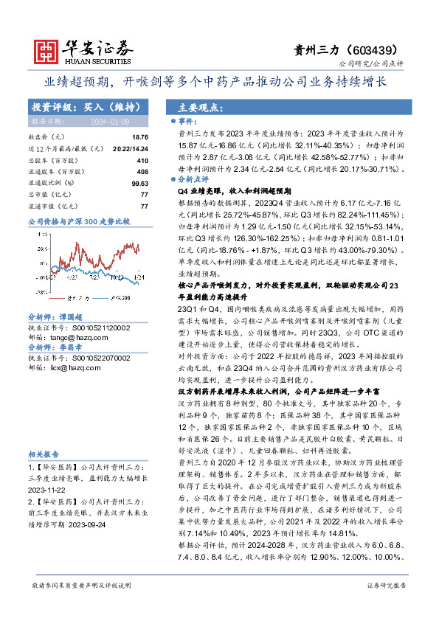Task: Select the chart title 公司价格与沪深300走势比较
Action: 78,221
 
